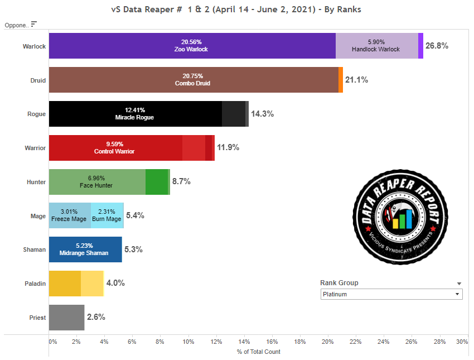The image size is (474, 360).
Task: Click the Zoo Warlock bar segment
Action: click(192, 45)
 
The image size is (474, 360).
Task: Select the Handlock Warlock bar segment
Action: click(376, 45)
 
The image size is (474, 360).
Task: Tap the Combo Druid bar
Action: click(193, 80)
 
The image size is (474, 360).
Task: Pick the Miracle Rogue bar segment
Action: click(135, 114)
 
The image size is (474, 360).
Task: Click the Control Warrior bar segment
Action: click(115, 148)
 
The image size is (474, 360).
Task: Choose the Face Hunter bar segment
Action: click(97, 182)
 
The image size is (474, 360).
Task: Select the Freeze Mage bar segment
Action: click(69, 215)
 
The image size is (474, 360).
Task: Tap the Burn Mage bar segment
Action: click(107, 215)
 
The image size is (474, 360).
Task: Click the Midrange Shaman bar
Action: click(85, 249)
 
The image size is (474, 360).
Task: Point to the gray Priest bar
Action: click(66, 317)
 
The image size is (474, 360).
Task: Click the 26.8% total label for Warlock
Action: click(437, 46)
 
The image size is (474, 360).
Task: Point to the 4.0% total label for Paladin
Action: click(115, 283)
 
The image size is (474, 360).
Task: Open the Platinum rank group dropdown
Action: click(391, 294)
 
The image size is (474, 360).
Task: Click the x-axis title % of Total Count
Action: click(258, 352)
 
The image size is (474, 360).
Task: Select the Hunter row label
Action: click(36, 182)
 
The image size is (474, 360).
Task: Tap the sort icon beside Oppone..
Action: click(34, 24)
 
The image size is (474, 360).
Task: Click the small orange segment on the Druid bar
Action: click(340, 80)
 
